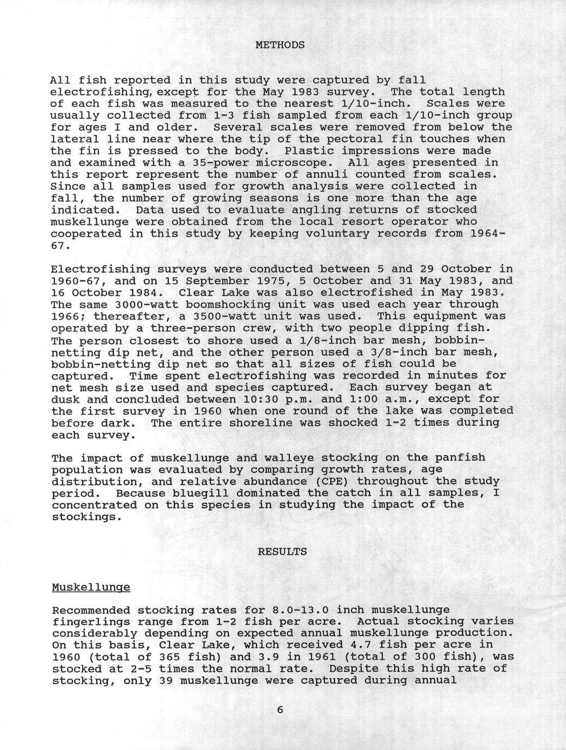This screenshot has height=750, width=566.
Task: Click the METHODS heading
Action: click(280, 45)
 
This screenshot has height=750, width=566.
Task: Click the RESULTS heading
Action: click(282, 552)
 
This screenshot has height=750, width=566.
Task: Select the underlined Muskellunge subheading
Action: click(91, 587)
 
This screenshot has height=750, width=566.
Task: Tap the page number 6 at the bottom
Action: click(280, 710)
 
